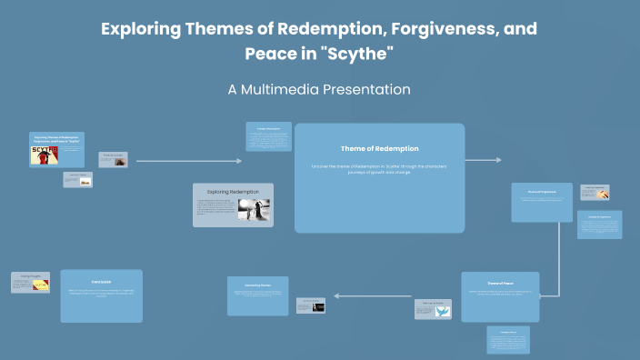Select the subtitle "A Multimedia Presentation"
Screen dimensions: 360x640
[319, 90]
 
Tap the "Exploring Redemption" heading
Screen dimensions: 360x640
[233, 192]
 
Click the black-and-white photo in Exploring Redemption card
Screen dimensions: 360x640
[254, 210]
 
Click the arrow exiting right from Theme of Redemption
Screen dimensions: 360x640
[484, 161]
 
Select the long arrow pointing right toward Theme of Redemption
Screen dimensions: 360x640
[189, 161]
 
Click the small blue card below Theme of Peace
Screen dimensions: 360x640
[508, 339]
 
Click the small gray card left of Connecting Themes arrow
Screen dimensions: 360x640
[310, 305]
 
